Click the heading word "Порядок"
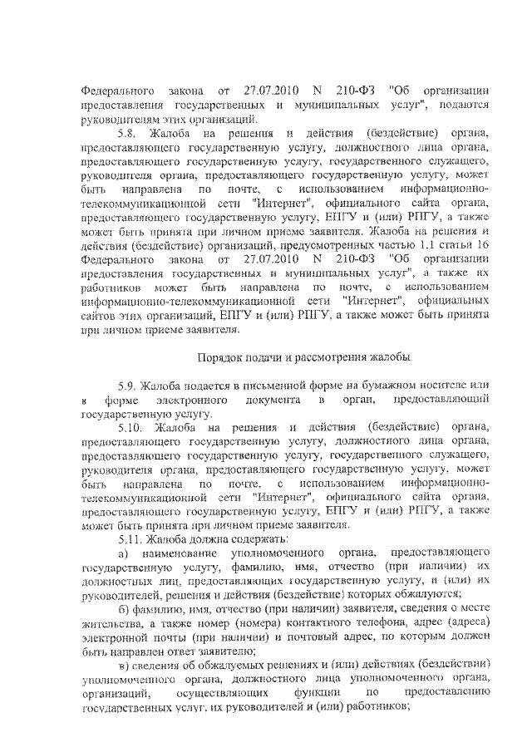pyautogui.click(x=219, y=358)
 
